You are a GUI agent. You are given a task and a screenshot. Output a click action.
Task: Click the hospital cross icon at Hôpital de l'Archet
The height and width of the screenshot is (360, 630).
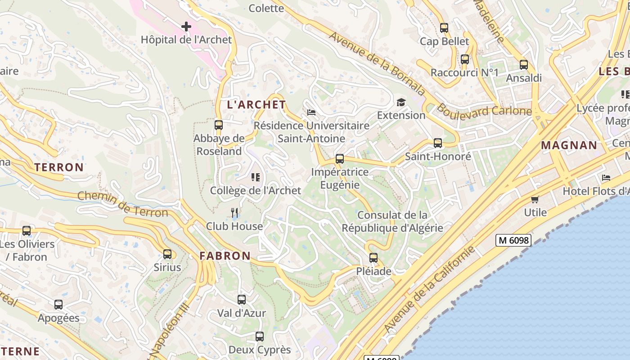186,27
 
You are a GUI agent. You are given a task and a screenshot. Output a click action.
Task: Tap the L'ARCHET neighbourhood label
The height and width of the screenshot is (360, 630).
256,105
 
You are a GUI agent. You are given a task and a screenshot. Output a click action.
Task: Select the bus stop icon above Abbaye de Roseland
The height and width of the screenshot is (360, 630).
219,125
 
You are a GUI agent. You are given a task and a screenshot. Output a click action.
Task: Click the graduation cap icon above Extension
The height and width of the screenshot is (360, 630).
401,102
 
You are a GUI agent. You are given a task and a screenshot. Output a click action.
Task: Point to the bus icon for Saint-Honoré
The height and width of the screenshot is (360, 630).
438,143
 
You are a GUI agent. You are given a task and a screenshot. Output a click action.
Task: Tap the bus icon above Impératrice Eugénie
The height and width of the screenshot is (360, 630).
340,159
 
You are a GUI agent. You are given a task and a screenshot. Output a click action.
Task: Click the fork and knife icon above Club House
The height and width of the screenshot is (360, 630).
234,212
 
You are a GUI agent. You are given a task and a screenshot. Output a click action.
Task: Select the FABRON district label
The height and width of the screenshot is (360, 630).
225,256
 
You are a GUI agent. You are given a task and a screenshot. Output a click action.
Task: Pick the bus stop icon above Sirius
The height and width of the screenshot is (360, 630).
167,254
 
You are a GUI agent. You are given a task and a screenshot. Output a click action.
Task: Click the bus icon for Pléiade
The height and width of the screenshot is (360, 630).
373,258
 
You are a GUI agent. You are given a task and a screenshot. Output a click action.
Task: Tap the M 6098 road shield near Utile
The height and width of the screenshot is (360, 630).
513,240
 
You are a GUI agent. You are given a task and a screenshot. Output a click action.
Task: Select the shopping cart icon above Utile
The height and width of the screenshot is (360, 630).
535,199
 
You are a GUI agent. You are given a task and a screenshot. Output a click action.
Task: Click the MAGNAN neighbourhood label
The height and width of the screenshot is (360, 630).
569,145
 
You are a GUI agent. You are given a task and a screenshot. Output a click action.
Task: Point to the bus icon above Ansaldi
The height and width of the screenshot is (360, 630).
524,65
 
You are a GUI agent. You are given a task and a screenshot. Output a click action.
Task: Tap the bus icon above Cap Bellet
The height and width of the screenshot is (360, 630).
444,28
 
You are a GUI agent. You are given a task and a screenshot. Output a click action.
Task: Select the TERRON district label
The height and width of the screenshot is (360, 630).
59,167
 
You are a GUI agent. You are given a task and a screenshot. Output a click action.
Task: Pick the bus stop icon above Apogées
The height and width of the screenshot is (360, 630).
58,305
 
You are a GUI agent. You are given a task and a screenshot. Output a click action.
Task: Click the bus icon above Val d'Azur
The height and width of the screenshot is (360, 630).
242,299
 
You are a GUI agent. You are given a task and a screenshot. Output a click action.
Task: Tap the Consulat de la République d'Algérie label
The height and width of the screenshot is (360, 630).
392,221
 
